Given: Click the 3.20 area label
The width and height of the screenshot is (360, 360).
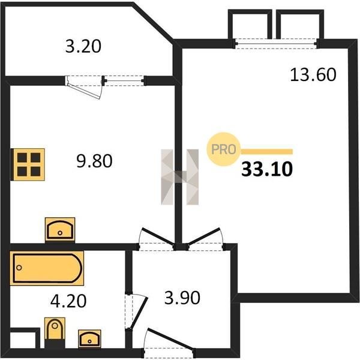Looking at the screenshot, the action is coord(83,46).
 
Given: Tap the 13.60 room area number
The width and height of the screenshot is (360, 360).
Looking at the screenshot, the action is coord(313,74).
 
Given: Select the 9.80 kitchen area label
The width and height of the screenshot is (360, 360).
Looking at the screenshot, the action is coord(94,161).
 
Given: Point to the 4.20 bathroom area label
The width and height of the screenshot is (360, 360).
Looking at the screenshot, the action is coord(68,301).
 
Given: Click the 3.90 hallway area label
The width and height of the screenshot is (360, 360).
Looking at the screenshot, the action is coord(182,298).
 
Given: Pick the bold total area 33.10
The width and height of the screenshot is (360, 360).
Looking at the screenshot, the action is coord(267,169).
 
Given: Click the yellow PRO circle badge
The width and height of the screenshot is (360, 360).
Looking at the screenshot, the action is coord(223,149).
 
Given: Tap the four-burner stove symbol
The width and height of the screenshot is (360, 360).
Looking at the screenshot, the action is coord(28,164).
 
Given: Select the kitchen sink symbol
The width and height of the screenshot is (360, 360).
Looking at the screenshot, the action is coord(60,230).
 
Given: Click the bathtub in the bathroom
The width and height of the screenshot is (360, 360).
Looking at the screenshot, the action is coord(47,268).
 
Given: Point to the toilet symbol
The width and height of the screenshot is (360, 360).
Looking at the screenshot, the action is coord(55,332).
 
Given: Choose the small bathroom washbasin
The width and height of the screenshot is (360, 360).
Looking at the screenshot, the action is coord(89,339).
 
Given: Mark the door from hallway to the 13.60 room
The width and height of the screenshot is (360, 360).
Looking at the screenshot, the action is coord(205,239).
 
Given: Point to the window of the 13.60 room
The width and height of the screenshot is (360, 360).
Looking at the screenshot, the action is coord(276,43).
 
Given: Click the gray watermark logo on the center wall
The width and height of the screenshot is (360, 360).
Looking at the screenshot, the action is coord(180,177).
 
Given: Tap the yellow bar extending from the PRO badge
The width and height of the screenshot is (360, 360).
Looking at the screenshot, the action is coord(266,152).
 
